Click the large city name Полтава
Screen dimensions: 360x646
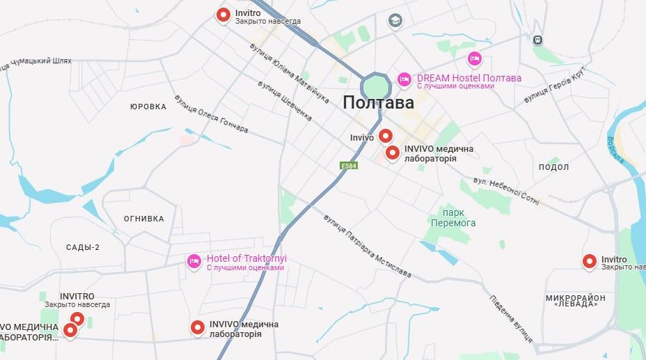[378, 103]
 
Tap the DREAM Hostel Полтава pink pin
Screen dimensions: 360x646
[404, 80]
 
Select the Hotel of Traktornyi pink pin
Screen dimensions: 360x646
[195, 262]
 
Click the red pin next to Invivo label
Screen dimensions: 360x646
[385, 136]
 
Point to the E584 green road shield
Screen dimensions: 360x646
[349, 166]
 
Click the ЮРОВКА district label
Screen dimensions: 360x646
[148, 107]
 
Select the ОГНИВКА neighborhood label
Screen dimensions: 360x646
[144, 219]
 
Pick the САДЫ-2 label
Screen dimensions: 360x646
[83, 247]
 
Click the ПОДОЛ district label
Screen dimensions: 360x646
[553, 167]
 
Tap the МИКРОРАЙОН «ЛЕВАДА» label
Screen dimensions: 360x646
[575, 301]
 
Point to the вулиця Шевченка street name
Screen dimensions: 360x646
[285, 101]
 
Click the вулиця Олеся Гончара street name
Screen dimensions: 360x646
[211, 114]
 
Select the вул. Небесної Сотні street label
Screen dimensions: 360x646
[506, 190]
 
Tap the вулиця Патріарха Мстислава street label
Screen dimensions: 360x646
[366, 245]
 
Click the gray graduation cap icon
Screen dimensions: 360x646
[395, 20]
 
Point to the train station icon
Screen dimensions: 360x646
[537, 40]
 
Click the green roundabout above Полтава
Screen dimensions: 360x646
[377, 87]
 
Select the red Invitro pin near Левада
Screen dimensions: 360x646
[590, 261]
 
